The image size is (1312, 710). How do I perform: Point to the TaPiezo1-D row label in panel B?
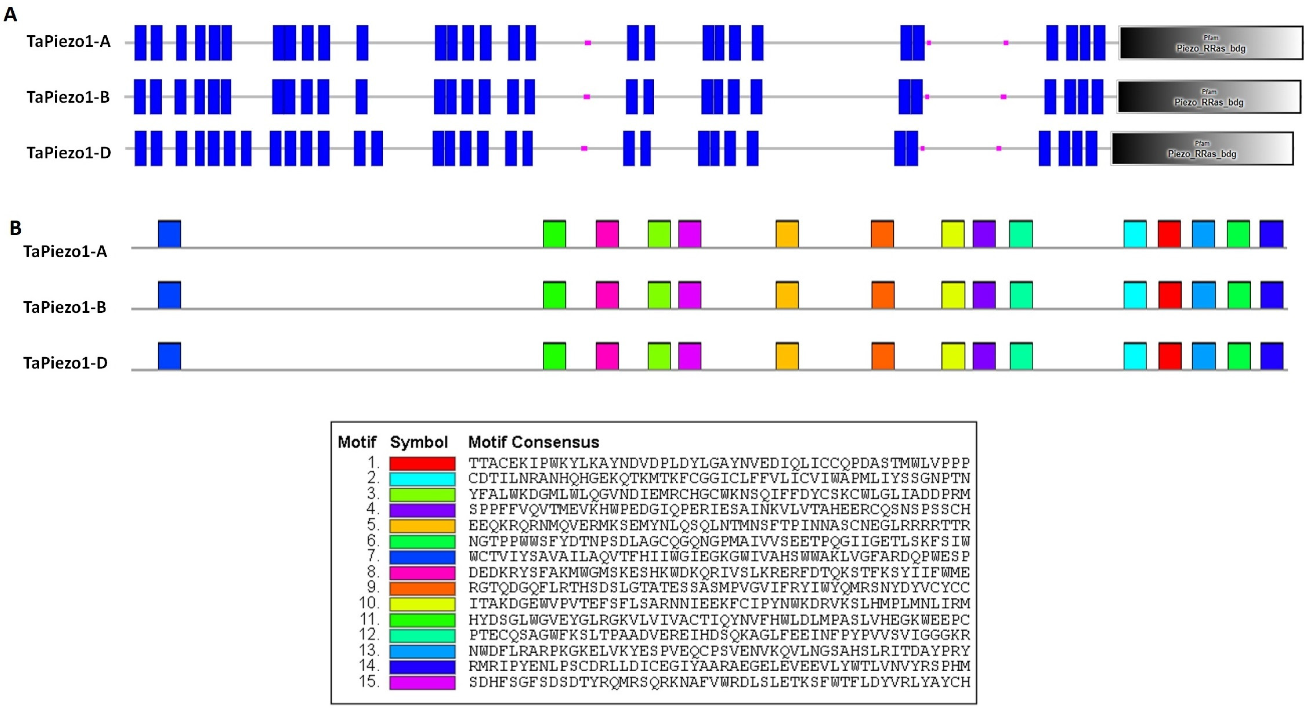pos(65,363)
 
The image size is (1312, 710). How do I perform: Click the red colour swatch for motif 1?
pos(422,463)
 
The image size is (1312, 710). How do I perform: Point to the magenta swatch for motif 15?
pos(422,682)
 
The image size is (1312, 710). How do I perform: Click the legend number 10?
pos(369,603)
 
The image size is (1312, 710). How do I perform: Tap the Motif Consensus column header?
pos(533,442)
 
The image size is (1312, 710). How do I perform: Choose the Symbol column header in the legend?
pos(419,442)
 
